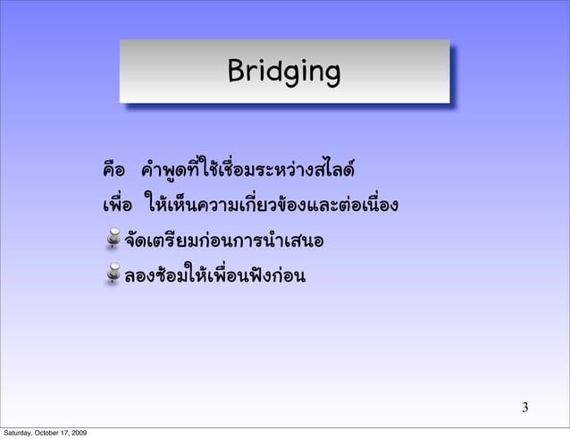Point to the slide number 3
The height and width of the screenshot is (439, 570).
click(x=525, y=409)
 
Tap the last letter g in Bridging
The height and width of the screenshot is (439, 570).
click(x=331, y=73)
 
